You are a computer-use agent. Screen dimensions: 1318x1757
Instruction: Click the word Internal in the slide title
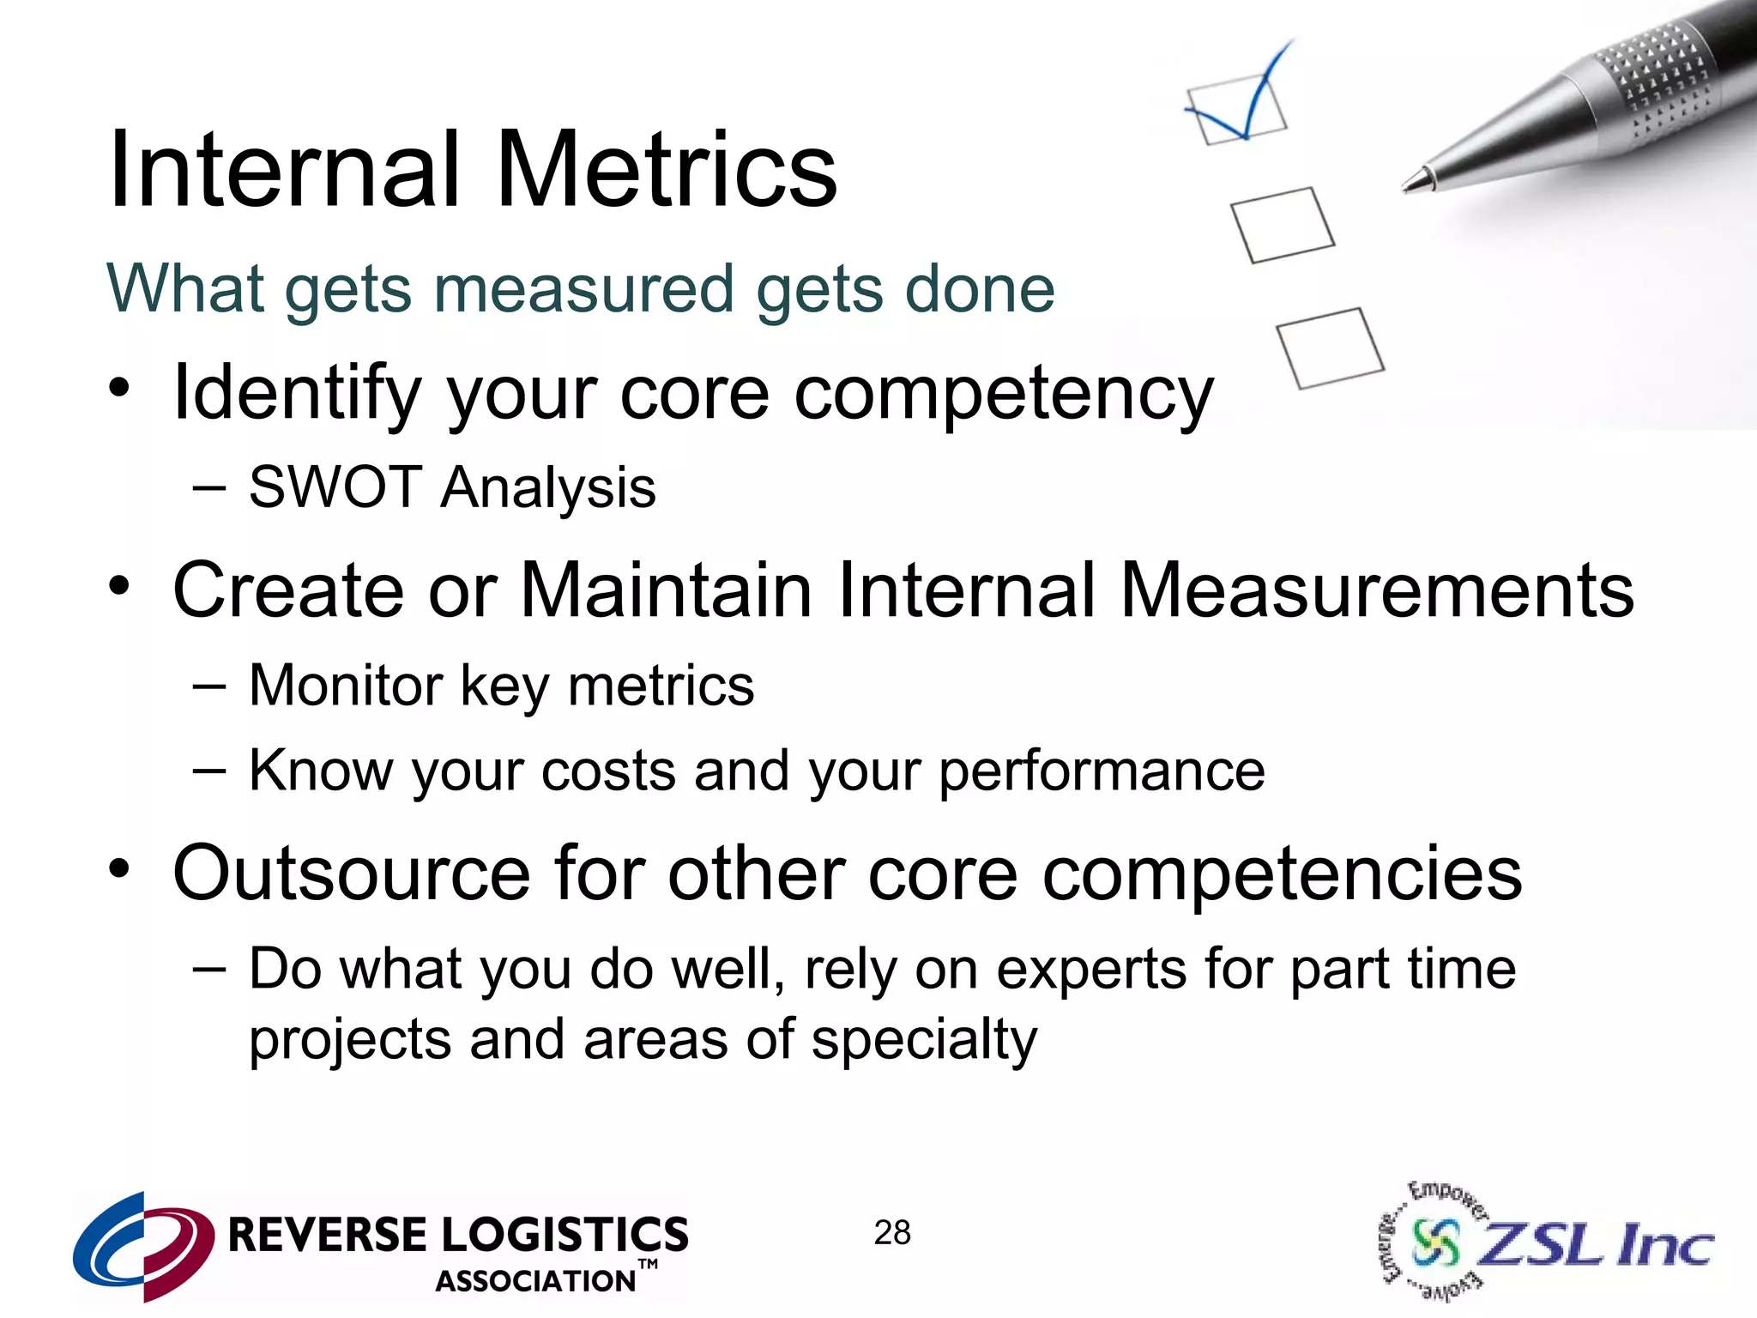(284, 169)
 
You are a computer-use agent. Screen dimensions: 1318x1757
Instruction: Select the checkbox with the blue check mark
(1236, 109)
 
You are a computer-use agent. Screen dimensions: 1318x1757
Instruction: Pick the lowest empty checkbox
(1330, 348)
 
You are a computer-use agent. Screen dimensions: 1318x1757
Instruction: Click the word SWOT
(334, 487)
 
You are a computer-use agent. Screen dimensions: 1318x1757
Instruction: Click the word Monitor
(345, 686)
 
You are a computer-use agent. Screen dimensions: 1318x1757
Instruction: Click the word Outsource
(352, 873)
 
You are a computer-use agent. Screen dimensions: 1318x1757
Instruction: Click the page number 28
(892, 1233)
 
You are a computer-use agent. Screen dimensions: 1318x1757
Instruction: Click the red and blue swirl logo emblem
(143, 1245)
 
